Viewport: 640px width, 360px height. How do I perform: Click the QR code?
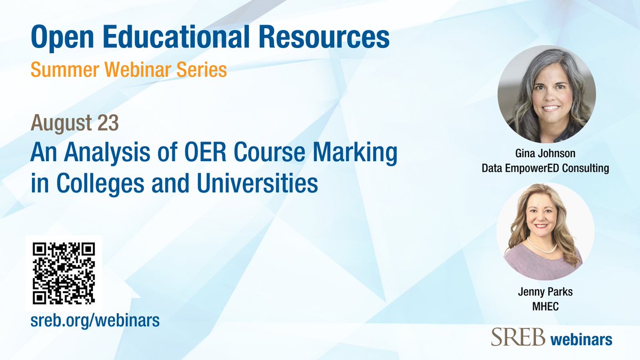point(64,273)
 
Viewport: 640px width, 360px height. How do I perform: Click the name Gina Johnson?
point(546,154)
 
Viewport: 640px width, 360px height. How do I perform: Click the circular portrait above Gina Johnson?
point(546,94)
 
